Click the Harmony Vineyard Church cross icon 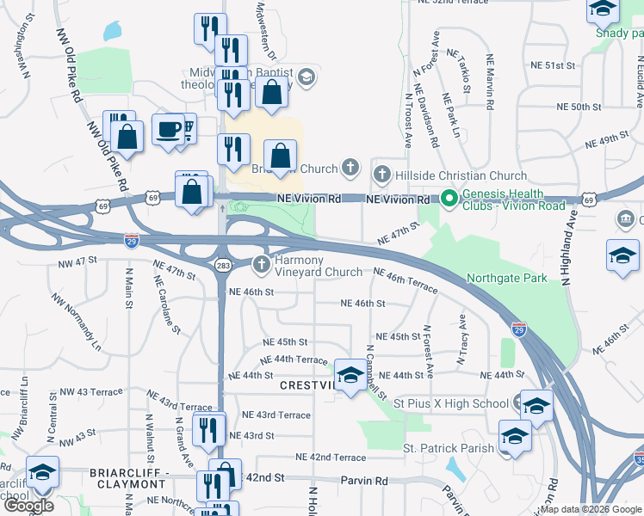[x=262, y=266]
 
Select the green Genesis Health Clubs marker [x=449, y=199]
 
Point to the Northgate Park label [x=506, y=278]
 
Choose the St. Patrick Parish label [x=449, y=448]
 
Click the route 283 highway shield [x=222, y=265]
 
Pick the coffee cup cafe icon [x=168, y=130]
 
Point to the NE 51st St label [x=553, y=65]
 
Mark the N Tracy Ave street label [x=461, y=338]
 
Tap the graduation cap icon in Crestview [x=350, y=375]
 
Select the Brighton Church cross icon [x=350, y=167]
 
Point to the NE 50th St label [x=579, y=107]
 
